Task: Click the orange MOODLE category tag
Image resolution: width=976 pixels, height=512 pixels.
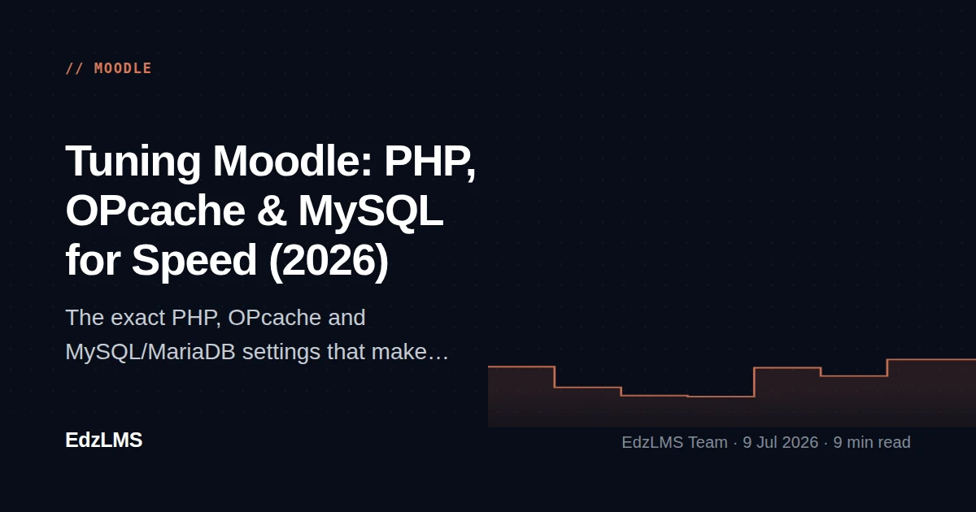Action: click(x=123, y=68)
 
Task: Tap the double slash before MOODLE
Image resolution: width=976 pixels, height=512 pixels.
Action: click(x=74, y=68)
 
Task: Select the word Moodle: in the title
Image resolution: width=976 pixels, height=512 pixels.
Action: click(x=292, y=161)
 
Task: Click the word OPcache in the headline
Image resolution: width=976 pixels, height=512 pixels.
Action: click(x=155, y=210)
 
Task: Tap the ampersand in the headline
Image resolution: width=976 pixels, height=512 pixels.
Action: click(x=272, y=210)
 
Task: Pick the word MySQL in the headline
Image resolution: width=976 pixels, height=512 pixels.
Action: click(x=370, y=212)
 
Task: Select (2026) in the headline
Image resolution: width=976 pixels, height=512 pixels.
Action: click(x=329, y=261)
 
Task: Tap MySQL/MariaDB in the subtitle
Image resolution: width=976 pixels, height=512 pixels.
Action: click(x=150, y=352)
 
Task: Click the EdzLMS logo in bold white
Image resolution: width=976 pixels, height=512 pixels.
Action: click(x=104, y=440)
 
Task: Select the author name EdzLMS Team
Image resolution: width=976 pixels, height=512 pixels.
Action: click(x=674, y=442)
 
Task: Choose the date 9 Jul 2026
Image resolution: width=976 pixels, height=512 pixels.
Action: click(x=780, y=442)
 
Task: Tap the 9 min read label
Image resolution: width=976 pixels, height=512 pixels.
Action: click(x=872, y=442)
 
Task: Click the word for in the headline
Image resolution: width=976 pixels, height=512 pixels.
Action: click(x=93, y=260)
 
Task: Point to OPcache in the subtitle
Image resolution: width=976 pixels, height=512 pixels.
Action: click(x=275, y=318)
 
